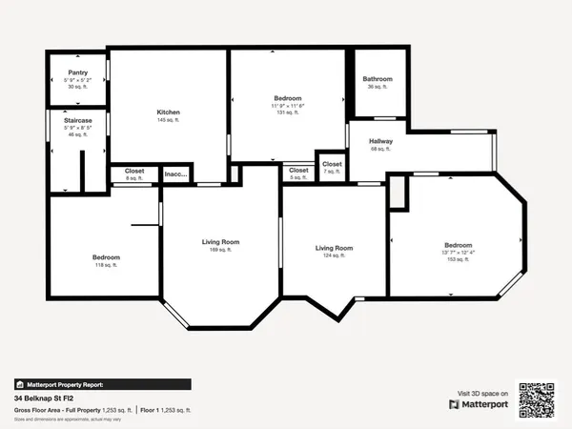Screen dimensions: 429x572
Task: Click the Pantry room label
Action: (x=77, y=71)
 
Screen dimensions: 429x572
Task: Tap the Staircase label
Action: (x=77, y=120)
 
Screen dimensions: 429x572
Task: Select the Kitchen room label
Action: (x=168, y=112)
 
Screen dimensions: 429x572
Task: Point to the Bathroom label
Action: (x=378, y=79)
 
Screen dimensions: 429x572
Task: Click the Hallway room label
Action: (x=380, y=141)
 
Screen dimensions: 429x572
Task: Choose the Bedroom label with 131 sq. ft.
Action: (x=288, y=98)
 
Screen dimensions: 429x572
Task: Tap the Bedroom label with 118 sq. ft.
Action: (x=106, y=257)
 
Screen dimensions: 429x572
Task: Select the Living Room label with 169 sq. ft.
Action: (x=220, y=242)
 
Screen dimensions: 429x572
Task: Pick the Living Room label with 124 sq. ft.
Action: (x=335, y=248)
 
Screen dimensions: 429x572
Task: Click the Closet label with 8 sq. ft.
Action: (x=134, y=172)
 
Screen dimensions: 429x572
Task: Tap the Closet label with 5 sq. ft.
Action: (x=298, y=171)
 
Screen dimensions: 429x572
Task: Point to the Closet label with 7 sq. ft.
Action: (x=332, y=164)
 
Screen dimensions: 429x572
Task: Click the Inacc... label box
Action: (x=176, y=174)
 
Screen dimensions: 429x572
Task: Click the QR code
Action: (x=537, y=399)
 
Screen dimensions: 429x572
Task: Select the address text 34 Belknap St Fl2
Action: (x=45, y=398)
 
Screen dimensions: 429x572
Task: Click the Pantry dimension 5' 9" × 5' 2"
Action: (x=77, y=79)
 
